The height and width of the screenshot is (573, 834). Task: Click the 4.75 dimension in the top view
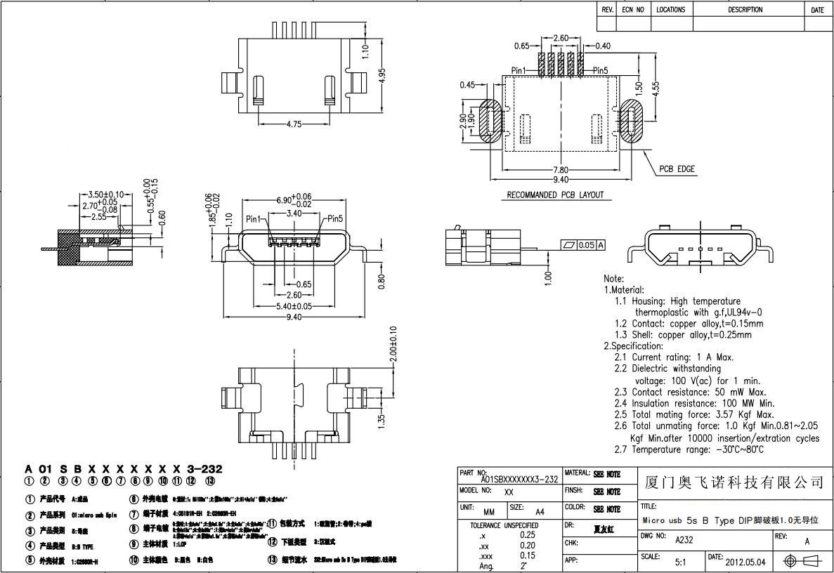pyautogui.click(x=294, y=124)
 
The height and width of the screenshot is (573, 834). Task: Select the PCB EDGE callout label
pyautogui.click(x=677, y=169)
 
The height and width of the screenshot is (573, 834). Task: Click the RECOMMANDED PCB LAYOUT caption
pyautogui.click(x=555, y=195)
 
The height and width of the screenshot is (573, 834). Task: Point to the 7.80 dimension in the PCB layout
pyautogui.click(x=561, y=170)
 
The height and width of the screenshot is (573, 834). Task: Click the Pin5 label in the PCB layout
pyautogui.click(x=601, y=70)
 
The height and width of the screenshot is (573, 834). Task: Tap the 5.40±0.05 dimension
pyautogui.click(x=294, y=306)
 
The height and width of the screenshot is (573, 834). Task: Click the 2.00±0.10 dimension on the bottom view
pyautogui.click(x=393, y=344)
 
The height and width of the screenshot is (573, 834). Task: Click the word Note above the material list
pyautogui.click(x=613, y=279)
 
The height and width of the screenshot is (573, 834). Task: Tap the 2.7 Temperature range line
pyautogui.click(x=689, y=449)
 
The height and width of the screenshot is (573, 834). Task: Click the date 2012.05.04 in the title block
pyautogui.click(x=746, y=562)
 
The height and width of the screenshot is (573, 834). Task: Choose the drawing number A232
pyautogui.click(x=684, y=541)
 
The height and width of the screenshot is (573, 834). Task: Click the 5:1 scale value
pyautogui.click(x=681, y=562)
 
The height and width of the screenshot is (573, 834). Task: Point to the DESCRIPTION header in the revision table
pyautogui.click(x=745, y=10)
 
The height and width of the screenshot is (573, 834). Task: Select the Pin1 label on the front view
pyautogui.click(x=254, y=219)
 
